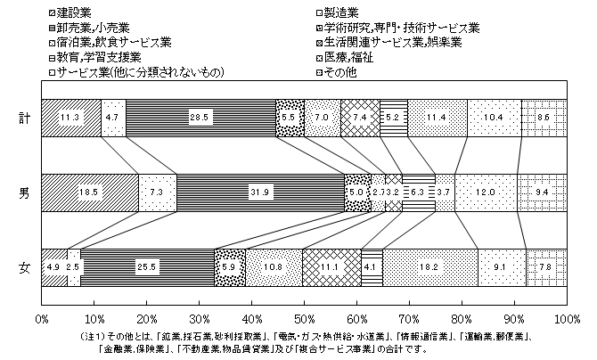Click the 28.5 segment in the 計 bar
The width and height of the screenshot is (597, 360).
tap(201, 118)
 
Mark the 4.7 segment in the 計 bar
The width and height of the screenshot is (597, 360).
tap(113, 118)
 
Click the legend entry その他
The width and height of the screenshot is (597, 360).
tap(339, 73)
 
